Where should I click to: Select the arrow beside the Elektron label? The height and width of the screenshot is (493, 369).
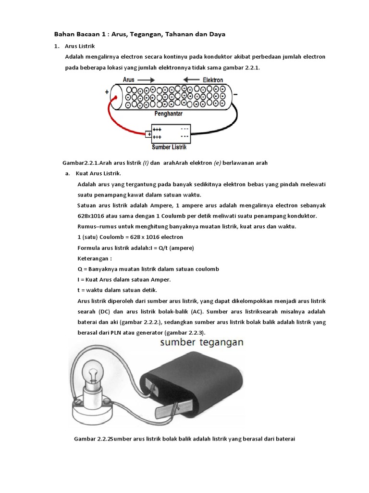point(192,79)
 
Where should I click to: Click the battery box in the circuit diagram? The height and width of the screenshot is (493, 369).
point(171,133)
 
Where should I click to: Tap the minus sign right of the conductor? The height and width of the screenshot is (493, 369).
point(235,95)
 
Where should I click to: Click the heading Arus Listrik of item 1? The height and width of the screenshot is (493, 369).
point(80,46)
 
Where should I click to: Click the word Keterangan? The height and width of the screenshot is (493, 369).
point(94,258)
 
